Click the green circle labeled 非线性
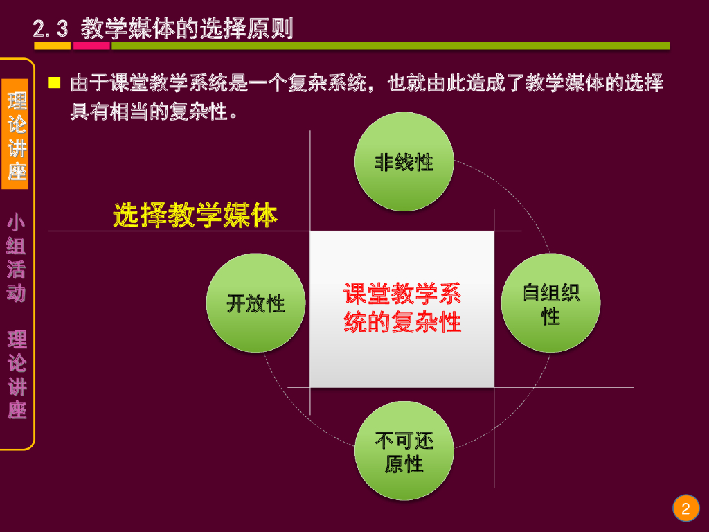pyautogui.click(x=404, y=161)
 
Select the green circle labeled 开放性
pyautogui.click(x=255, y=303)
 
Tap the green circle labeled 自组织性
pyautogui.click(x=550, y=303)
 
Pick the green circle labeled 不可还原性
pyautogui.click(x=404, y=451)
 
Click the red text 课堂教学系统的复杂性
pyautogui.click(x=402, y=308)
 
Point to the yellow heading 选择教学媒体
pyautogui.click(x=195, y=215)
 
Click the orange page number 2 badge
pyautogui.click(x=685, y=509)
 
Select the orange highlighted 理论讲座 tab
pyautogui.click(x=17, y=134)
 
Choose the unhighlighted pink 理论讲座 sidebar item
pyautogui.click(x=17, y=375)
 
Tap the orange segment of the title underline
pyautogui.click(x=52, y=46)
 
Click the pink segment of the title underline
pyautogui.click(x=91, y=46)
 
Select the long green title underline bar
pyautogui.click(x=391, y=46)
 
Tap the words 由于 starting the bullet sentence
pyautogui.click(x=87, y=85)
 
